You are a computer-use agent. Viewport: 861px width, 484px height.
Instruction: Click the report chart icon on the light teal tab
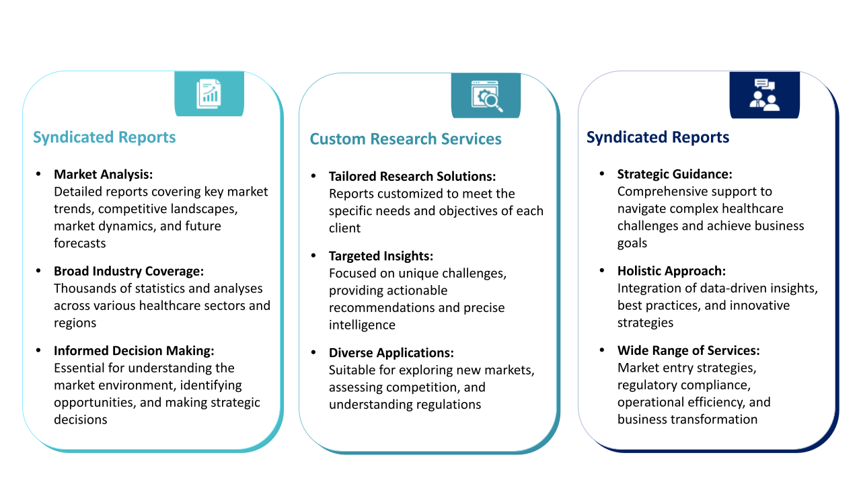point(209,93)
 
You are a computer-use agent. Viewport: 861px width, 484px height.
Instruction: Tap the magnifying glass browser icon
point(486,96)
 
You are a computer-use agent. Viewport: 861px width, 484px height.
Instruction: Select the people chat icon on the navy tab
point(765,95)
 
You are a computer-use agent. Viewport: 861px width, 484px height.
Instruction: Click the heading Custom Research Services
point(406,138)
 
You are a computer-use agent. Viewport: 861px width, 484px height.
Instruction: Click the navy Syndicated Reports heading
point(658,137)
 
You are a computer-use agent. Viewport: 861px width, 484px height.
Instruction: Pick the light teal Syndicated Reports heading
point(104,137)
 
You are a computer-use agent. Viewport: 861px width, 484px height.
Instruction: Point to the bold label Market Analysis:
point(104,174)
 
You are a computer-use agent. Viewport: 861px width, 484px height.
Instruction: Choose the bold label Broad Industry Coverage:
point(128,271)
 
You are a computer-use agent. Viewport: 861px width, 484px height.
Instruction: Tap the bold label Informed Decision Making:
point(134,351)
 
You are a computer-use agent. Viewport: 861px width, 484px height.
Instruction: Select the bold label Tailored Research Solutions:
point(412,176)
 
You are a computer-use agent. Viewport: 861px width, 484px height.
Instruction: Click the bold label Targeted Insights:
point(381,256)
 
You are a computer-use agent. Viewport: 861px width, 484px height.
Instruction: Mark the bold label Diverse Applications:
point(391,353)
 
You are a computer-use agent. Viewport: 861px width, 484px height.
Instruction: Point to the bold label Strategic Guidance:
point(675,174)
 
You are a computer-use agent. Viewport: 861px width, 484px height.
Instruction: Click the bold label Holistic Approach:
point(671,271)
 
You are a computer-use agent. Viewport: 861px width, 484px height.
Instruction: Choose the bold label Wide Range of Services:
point(688,350)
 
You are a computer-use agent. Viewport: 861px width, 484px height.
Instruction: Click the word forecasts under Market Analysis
point(79,243)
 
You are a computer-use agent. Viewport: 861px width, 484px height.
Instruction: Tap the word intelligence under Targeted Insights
point(362,325)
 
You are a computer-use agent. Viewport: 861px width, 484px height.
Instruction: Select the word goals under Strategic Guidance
point(632,243)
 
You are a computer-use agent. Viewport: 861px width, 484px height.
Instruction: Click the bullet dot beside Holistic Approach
point(602,270)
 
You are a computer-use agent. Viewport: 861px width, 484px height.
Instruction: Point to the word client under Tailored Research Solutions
point(344,228)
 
